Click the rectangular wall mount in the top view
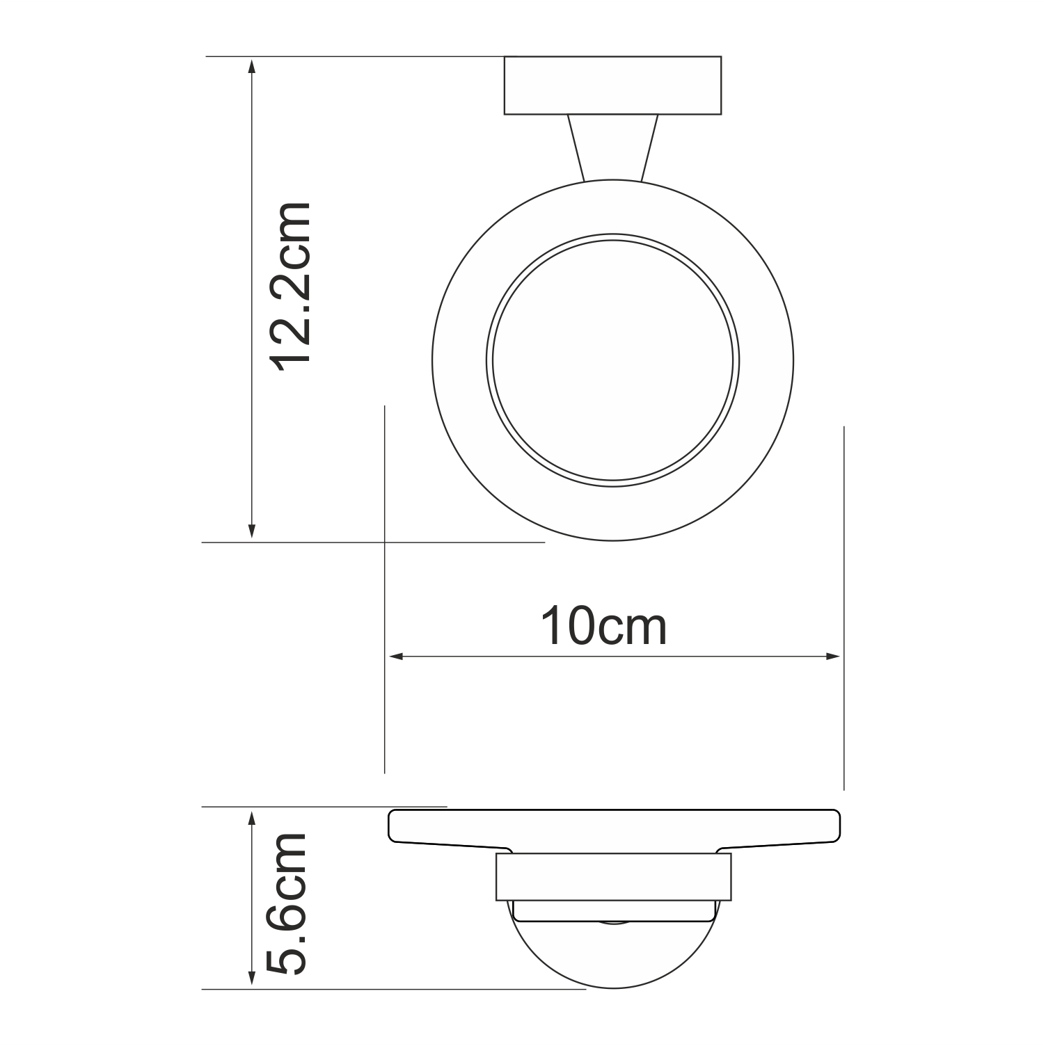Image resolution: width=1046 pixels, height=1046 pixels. point(612,85)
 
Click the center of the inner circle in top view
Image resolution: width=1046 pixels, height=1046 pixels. point(612,360)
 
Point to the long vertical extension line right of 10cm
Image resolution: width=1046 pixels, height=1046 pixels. point(843,605)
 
